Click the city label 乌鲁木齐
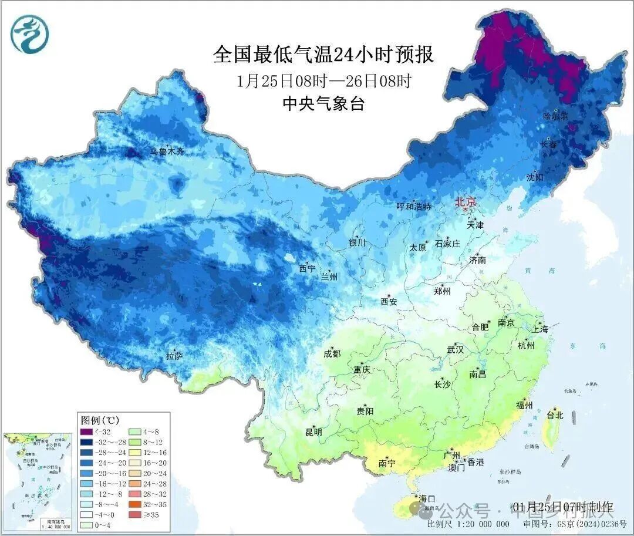(167, 151)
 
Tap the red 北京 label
(467, 202)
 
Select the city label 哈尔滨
(555, 116)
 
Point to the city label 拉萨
(175, 356)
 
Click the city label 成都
(332, 353)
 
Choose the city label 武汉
(455, 350)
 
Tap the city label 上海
(539, 329)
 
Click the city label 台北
(555, 415)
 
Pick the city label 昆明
(314, 432)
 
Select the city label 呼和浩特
(414, 207)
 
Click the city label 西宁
(307, 268)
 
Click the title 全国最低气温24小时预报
(323, 55)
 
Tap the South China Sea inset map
(37, 481)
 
